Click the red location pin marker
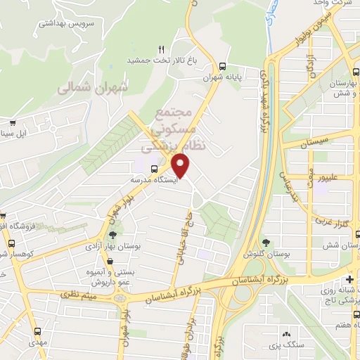pos(182,166)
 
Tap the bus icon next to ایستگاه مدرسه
pos(154,168)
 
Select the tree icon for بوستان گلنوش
pos(266,243)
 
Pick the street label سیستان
pos(314,143)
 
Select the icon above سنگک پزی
pos(286,334)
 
